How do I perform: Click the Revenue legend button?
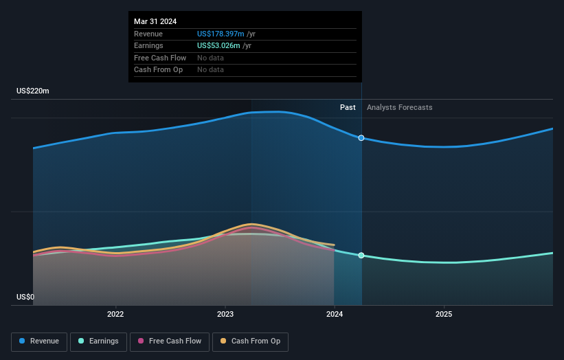[x=39, y=341]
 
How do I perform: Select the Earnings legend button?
[x=98, y=341]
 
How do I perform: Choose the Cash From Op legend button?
[x=250, y=341]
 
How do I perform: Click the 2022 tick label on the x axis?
[x=115, y=315]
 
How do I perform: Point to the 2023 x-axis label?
[x=225, y=315]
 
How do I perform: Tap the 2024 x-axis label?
[x=335, y=315]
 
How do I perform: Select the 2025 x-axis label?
[x=444, y=315]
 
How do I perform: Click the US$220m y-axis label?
[x=33, y=91]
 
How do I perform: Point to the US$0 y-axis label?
[x=25, y=297]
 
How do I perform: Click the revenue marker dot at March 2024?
[x=361, y=138]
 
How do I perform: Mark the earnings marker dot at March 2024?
[x=361, y=256]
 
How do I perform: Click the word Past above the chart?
[x=348, y=108]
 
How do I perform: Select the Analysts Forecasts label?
[x=400, y=108]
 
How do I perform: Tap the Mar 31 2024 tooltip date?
[x=155, y=21]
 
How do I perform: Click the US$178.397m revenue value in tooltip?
[x=221, y=34]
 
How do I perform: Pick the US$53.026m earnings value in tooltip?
[x=218, y=46]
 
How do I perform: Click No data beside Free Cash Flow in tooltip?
[x=210, y=58]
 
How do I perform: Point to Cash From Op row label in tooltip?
[x=158, y=70]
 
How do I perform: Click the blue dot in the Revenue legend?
[x=23, y=341]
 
